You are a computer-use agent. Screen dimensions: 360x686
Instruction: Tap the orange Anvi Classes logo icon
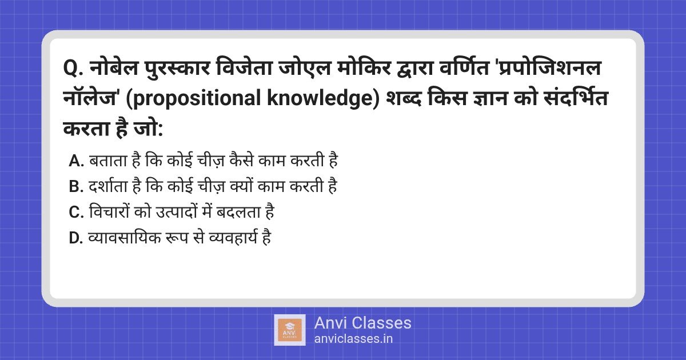point(289,330)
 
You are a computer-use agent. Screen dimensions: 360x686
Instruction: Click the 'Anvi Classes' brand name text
point(362,323)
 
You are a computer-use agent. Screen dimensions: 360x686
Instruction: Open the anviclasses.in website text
point(353,339)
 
